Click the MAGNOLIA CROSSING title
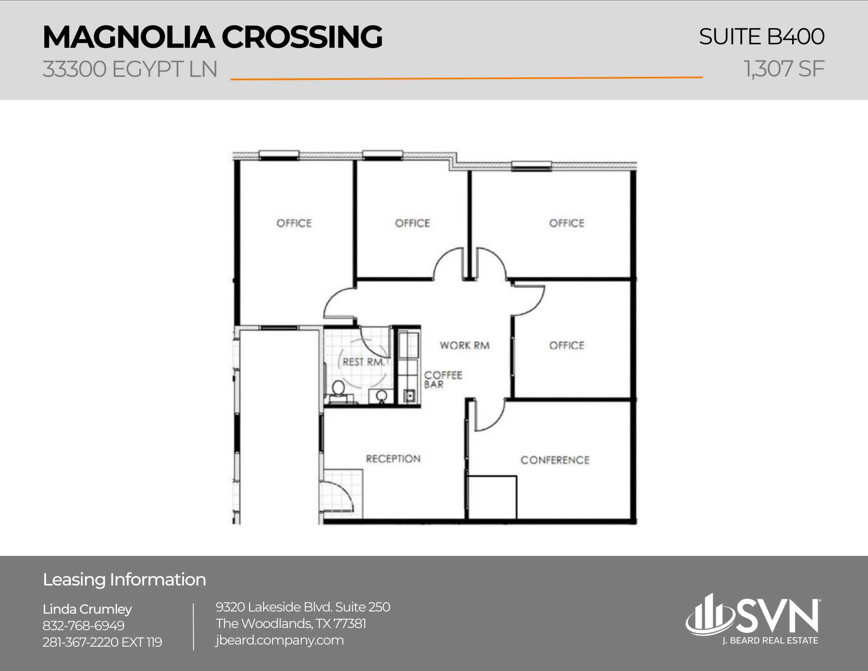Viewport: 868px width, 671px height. coord(212,37)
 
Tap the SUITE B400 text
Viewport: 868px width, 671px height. coord(761,36)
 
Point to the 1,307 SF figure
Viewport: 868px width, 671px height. coord(784,69)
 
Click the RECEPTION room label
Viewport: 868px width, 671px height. coord(393,459)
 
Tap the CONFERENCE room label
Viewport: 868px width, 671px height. coord(555,460)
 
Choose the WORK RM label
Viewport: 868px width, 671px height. coord(464,346)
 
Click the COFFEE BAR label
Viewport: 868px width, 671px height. coord(443,380)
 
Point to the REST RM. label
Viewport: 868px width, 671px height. coord(363,362)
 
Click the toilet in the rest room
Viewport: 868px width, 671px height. coord(338,389)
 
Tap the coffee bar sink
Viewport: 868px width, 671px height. coord(409,396)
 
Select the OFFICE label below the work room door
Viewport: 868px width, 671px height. coord(566,346)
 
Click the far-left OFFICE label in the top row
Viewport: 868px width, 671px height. coord(294,223)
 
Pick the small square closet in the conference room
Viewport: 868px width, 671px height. coord(492,497)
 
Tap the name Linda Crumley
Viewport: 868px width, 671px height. coord(87,609)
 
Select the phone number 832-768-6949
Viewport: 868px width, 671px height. coord(83,625)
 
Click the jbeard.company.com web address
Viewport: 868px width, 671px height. coord(279,640)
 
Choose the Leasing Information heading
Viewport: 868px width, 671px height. coord(124,580)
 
